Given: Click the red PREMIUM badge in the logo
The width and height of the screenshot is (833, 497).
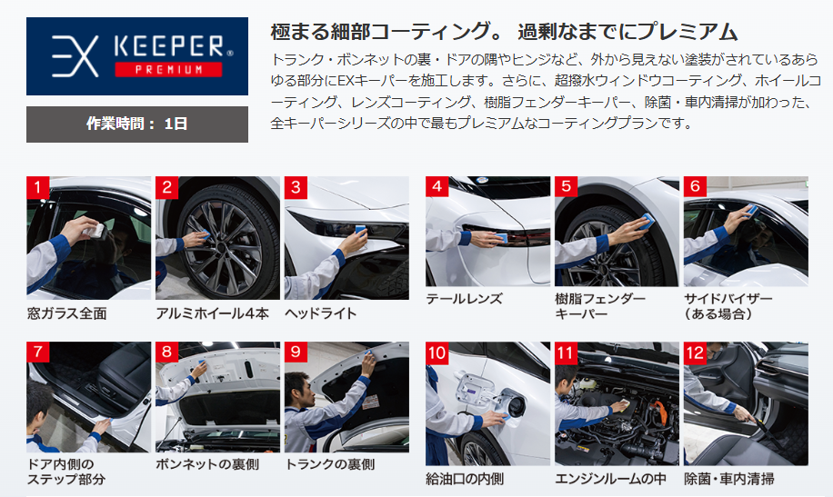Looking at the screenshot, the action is coord(168,70).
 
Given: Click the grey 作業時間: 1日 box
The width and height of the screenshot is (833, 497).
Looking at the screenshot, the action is coord(137,124).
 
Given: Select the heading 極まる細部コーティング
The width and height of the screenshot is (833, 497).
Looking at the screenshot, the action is coord(386,32).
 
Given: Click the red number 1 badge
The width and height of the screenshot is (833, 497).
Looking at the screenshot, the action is coord(37,187).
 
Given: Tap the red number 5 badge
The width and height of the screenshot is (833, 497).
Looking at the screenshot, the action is coord(566,186).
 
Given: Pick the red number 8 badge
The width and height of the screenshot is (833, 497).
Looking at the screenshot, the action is coord(166,353).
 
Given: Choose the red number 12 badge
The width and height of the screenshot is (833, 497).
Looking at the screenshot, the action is coord(695,353).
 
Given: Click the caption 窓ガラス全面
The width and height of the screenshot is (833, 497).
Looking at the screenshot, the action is coord(67,313).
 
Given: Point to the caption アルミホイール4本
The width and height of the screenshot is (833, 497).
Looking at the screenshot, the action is coord(213,313).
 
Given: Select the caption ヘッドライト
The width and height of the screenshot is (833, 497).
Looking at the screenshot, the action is coord(320,313).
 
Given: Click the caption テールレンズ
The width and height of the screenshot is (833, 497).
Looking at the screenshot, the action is coord(464,299).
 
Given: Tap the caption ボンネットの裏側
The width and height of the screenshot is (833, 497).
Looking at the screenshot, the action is coord(207,464).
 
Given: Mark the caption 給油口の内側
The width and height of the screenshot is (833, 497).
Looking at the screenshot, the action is coord(465,479).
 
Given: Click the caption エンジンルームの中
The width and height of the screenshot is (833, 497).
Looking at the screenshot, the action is coord(610,479).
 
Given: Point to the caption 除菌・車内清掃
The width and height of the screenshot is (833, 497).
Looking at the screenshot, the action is coord(729,479).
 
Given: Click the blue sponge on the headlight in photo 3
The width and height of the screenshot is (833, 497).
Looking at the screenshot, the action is coord(359,231).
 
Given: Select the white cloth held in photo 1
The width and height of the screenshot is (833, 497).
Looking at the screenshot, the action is coord(94,230).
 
